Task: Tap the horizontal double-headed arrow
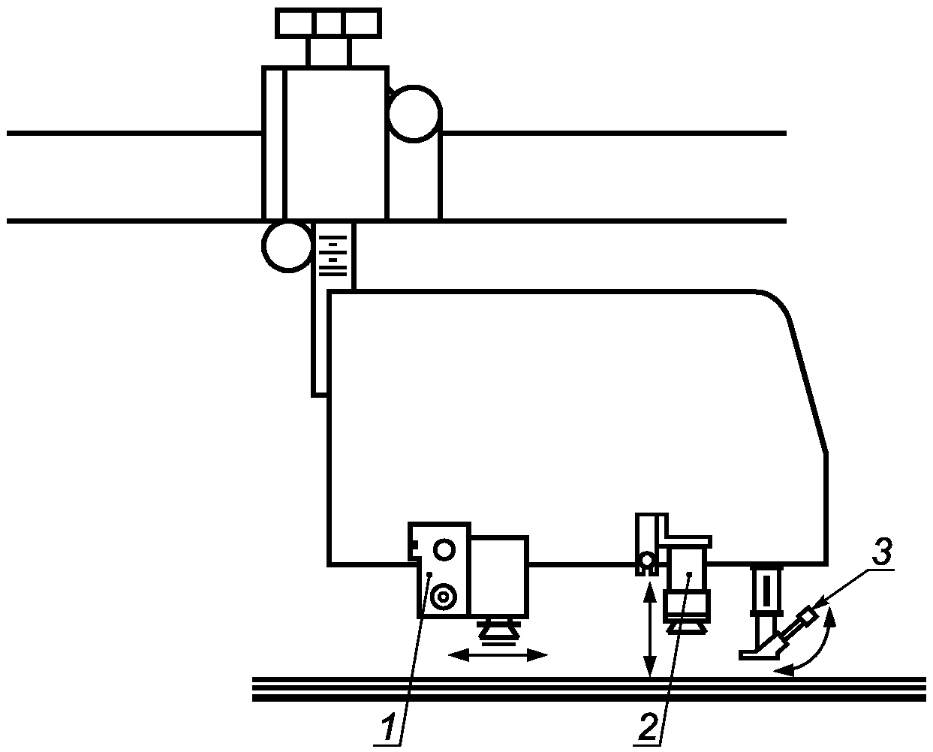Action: pos(498,655)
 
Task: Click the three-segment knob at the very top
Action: pos(329,23)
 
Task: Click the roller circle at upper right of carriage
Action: pos(413,114)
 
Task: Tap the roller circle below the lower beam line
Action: pos(287,245)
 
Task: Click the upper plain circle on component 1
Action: pos(444,550)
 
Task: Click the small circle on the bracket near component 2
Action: pos(646,559)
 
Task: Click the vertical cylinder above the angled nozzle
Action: pos(766,590)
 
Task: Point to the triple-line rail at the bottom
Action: pos(589,689)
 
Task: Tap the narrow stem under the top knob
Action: pos(329,52)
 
